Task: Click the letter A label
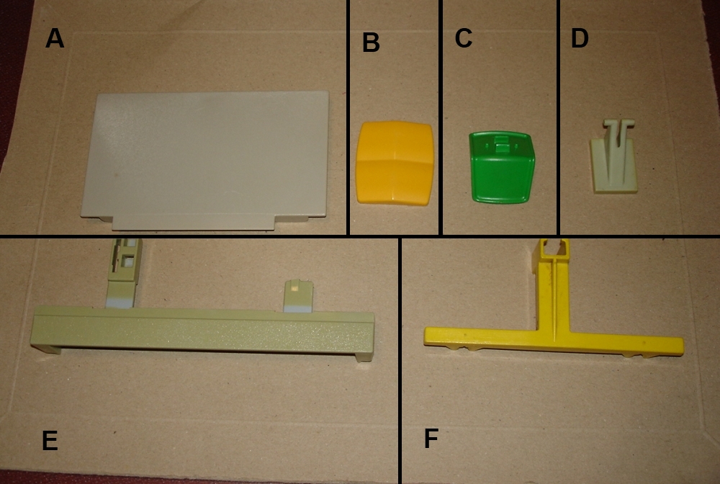click(x=55, y=38)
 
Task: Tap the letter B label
click(x=371, y=42)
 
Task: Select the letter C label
click(x=463, y=38)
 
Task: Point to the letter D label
click(x=580, y=38)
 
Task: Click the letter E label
click(x=50, y=441)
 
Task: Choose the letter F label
click(x=431, y=438)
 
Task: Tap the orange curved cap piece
click(x=395, y=162)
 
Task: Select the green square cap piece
click(x=501, y=167)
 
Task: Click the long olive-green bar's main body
click(x=202, y=331)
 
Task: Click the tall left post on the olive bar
click(x=124, y=273)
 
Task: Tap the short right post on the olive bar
click(x=298, y=297)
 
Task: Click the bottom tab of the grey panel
click(x=193, y=223)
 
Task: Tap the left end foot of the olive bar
click(x=45, y=349)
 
